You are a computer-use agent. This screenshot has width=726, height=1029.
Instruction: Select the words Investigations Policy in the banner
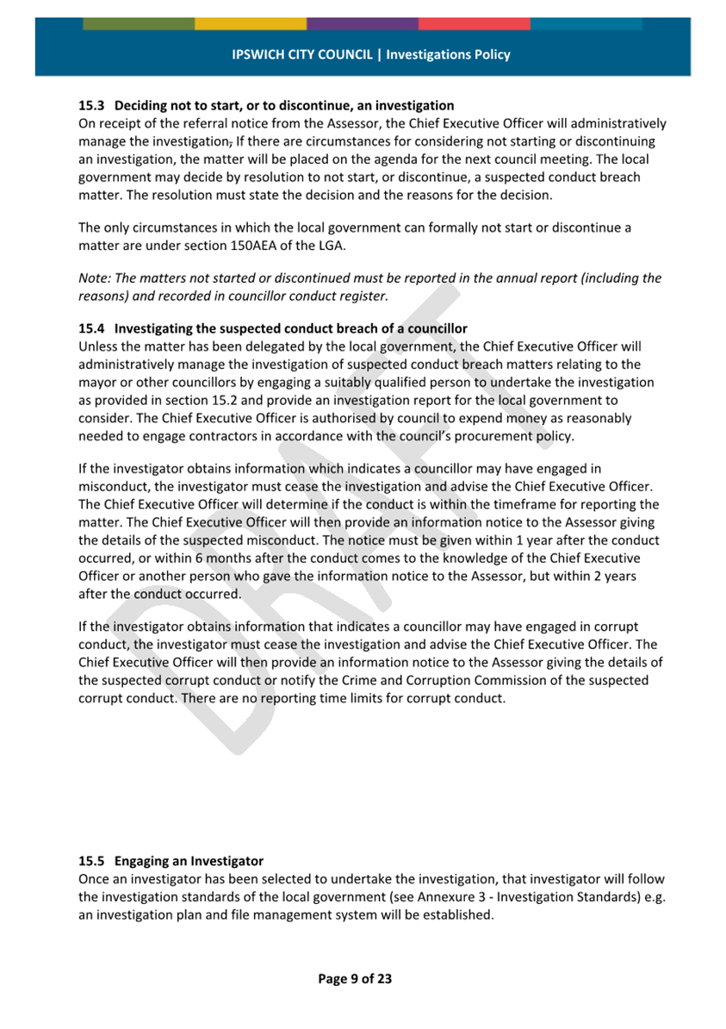coord(448,54)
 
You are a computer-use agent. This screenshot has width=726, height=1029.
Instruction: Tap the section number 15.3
coord(90,105)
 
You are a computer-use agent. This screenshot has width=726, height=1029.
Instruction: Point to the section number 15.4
coord(90,328)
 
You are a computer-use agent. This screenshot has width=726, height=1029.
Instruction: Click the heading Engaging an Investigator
coord(189,861)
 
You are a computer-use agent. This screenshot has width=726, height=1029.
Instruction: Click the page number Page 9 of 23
coord(355,978)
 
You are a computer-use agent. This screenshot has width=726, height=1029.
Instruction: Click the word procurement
coord(493,435)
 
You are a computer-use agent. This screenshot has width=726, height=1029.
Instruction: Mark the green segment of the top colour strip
coord(138,23)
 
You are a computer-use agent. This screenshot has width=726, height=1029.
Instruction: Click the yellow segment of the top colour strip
coord(250,23)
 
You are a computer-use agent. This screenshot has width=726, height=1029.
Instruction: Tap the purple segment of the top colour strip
coord(362,23)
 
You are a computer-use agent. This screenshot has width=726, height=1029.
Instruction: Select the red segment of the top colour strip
coord(474,23)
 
